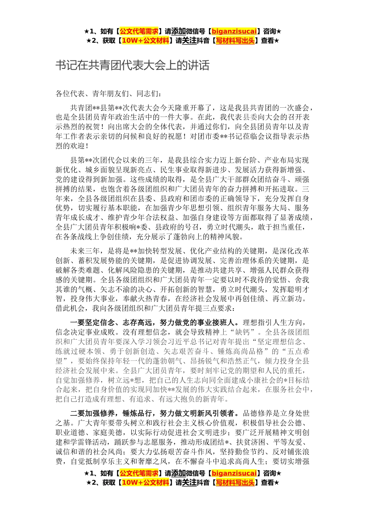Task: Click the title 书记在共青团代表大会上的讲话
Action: [132, 66]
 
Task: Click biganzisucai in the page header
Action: [234, 31]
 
